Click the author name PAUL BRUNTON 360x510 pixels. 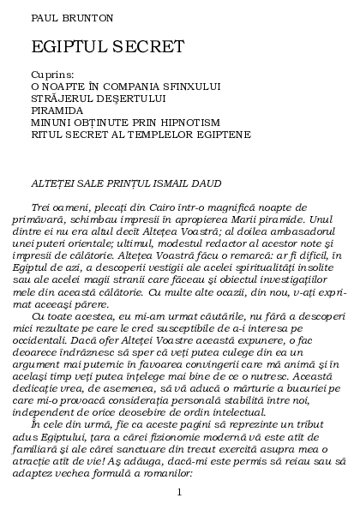pyautogui.click(x=59, y=17)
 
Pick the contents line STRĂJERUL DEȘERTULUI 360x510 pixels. pyautogui.click(x=105, y=99)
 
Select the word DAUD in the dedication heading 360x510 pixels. pyautogui.click(x=203, y=183)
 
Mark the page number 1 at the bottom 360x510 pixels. pyautogui.click(x=179, y=491)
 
